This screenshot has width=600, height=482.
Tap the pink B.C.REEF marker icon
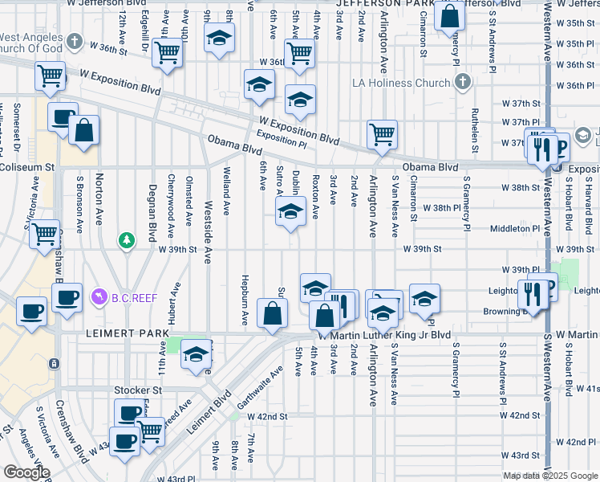coord(99,297)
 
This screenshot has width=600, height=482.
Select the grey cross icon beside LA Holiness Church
coord(462,81)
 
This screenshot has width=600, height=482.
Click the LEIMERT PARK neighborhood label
coord(128,332)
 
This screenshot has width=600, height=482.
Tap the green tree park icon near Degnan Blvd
coord(126,240)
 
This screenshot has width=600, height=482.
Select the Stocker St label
coord(138,390)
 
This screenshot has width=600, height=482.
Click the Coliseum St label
coord(26,167)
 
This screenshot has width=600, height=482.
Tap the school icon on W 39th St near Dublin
coord(291,212)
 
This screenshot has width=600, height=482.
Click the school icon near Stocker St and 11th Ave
coord(196,353)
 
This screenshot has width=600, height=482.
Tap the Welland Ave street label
coord(227,196)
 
